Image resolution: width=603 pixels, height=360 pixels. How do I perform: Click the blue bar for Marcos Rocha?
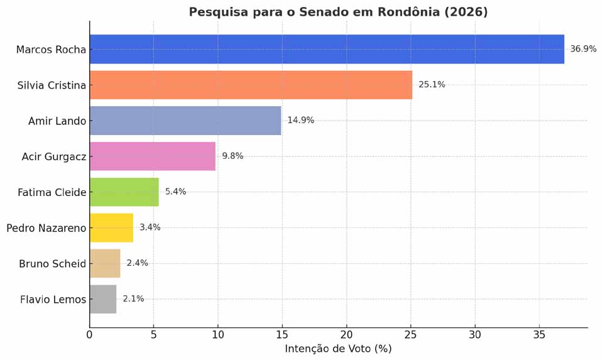tap(327, 49)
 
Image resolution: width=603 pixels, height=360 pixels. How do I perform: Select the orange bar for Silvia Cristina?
tap(251, 85)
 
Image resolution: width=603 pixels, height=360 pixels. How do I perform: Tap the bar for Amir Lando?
tap(185, 121)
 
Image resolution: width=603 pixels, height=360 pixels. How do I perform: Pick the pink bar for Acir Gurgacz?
tap(153, 156)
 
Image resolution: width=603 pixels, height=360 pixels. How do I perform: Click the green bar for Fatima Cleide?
tap(124, 192)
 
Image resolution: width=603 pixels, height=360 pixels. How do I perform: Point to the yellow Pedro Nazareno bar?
tap(111, 227)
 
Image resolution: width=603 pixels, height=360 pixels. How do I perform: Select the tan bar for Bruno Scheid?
tap(105, 263)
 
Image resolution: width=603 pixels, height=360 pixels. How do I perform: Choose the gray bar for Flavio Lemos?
tap(103, 299)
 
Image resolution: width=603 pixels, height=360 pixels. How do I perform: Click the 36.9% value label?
tap(583, 49)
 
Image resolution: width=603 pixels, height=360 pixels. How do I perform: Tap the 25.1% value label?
tap(432, 85)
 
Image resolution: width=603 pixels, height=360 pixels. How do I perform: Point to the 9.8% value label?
tap(232, 156)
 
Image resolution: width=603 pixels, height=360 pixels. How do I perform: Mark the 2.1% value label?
tap(133, 299)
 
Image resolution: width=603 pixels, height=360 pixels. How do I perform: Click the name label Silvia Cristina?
tap(52, 85)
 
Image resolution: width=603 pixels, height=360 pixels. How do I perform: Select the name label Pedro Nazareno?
tap(46, 227)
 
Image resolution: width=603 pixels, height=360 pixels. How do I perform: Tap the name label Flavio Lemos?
tap(53, 299)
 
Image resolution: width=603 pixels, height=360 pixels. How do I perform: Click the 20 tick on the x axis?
tap(346, 335)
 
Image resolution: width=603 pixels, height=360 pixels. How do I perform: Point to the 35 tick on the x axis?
tap(539, 335)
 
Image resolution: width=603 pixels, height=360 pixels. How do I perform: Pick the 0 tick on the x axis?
tap(89, 335)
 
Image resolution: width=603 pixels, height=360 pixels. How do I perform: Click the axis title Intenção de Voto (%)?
tap(338, 349)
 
